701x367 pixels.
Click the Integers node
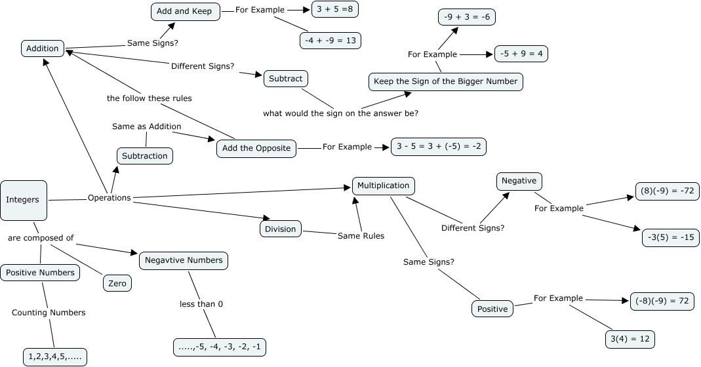point(23,200)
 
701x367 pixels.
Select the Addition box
point(43,48)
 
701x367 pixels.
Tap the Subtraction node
point(146,156)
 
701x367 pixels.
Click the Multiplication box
point(384,185)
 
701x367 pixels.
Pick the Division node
point(281,229)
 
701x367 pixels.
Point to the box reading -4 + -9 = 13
point(330,40)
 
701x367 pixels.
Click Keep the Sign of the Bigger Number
point(445,81)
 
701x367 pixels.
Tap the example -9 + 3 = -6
point(466,17)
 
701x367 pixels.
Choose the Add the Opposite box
point(256,148)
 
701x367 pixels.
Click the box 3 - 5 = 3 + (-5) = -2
point(439,147)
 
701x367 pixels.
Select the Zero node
point(117,283)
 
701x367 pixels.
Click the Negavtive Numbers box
point(184,260)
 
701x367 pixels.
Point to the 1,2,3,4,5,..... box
point(55,357)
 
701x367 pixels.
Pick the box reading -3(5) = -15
point(670,237)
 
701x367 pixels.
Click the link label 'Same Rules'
point(361,235)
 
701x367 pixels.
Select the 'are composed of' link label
point(41,238)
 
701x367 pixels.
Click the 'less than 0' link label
point(201,304)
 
